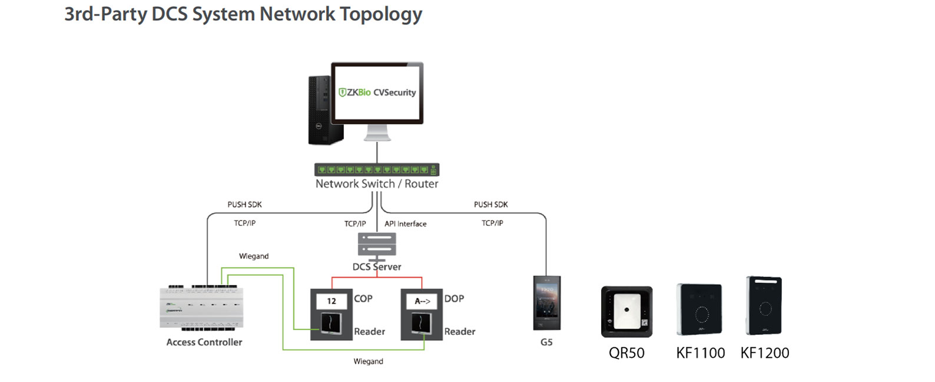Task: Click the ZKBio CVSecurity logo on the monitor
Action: pos(377,92)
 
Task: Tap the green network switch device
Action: pos(377,170)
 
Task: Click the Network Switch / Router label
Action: pos(377,184)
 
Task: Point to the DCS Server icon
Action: pos(377,245)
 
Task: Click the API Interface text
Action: pos(405,224)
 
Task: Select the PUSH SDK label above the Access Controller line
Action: pos(244,205)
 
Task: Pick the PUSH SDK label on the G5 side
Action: pos(490,205)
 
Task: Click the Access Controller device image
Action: pos(201,307)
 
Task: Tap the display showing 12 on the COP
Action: pos(331,301)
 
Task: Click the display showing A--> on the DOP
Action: pos(422,301)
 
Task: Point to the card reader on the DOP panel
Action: pos(422,324)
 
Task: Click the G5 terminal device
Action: pos(546,303)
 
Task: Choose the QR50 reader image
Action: pos(626,311)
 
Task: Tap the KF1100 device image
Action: pos(699,309)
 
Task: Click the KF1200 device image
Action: pos(764,305)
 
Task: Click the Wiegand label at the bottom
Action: pos(368,361)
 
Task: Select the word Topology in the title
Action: pos(381,14)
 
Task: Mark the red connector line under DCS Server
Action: pos(377,277)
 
